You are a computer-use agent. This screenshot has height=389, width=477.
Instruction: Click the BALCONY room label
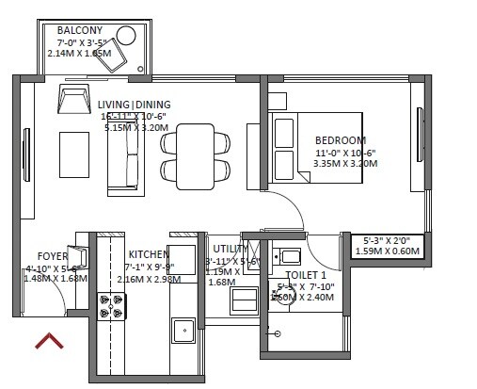point(80,30)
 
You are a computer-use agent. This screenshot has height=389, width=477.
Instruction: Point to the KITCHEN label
point(149,254)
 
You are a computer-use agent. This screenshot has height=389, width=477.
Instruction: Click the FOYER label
point(52,255)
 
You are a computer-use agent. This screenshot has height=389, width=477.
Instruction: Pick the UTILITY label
point(231,249)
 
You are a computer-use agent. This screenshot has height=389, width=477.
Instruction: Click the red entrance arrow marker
point(51,340)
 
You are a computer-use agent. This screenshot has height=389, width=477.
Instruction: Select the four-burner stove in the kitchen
point(113,306)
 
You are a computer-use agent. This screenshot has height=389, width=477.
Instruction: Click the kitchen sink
point(183,332)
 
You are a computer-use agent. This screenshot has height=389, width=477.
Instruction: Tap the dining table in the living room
point(196,155)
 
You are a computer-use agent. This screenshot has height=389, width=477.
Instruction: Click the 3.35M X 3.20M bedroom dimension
point(344,163)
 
